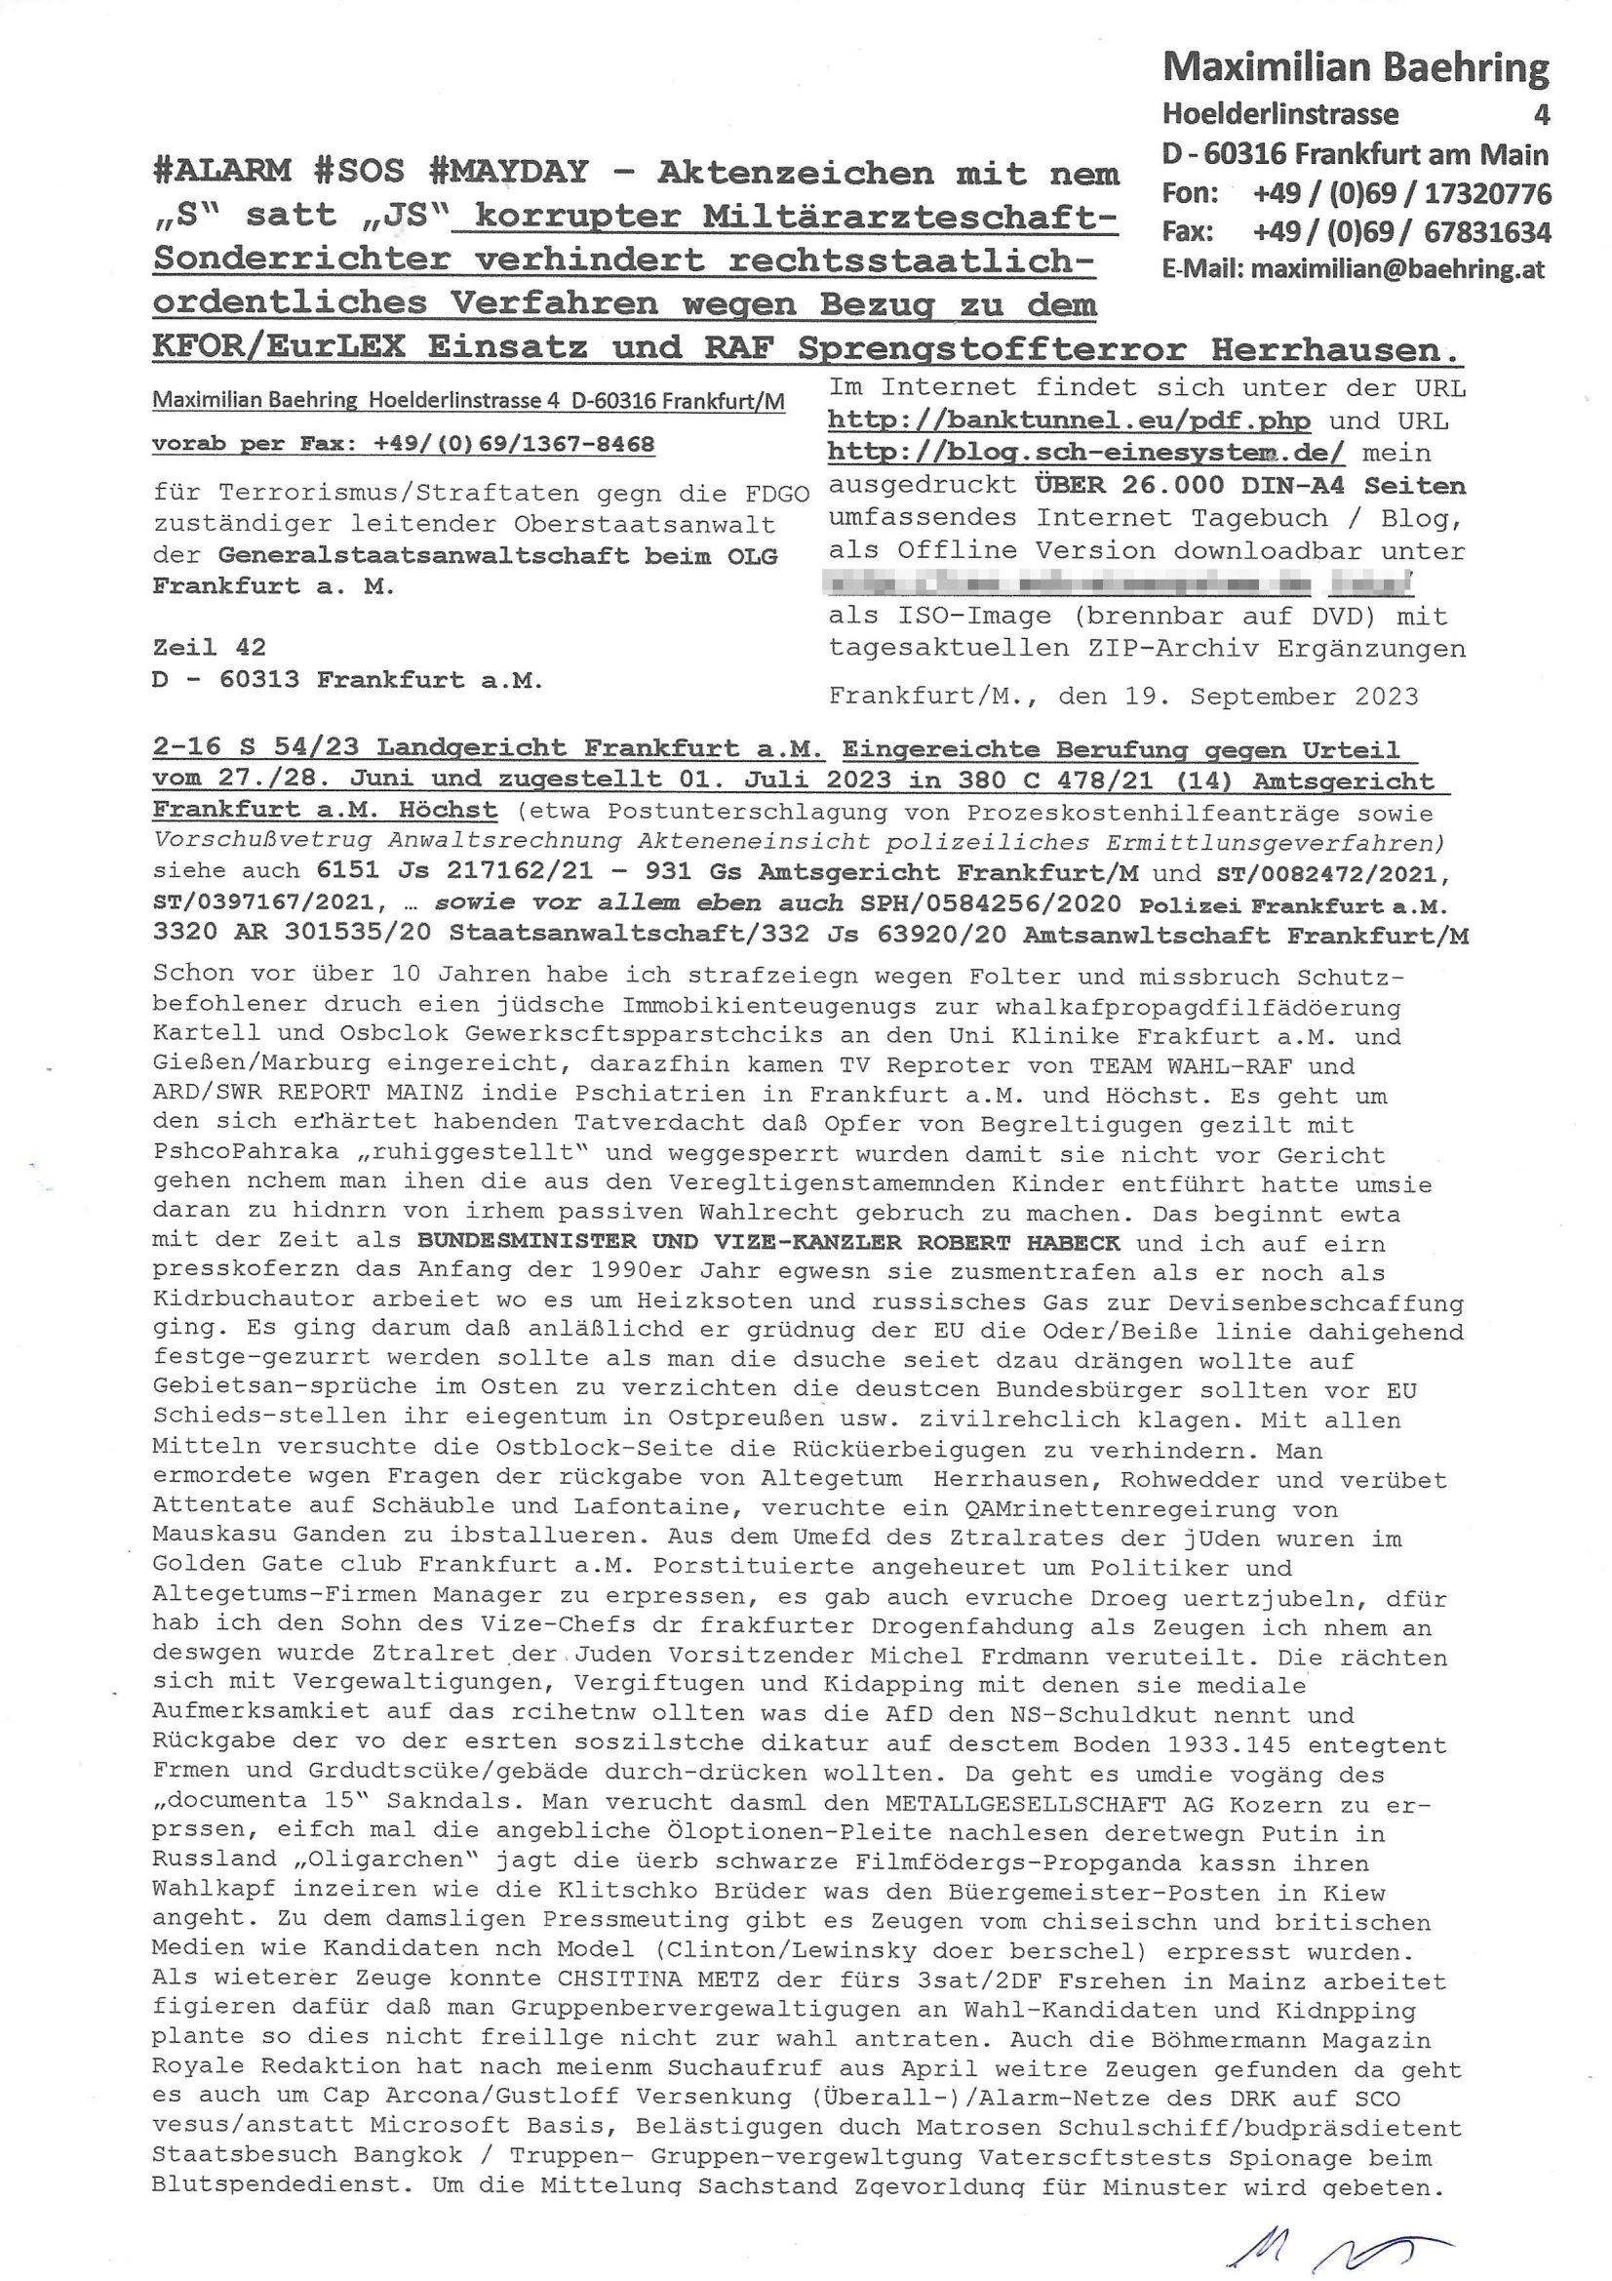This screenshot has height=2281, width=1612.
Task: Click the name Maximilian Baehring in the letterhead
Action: (1355, 67)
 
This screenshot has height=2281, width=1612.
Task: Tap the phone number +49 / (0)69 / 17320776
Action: (1401, 193)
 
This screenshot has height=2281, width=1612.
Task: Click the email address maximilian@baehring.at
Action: (1396, 269)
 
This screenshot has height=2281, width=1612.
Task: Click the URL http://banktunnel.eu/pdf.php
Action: (1069, 420)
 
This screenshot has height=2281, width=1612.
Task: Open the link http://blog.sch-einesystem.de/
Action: (1086, 453)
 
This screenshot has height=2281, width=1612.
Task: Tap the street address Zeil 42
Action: (209, 647)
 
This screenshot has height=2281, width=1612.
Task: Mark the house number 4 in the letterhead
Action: (1541, 114)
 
